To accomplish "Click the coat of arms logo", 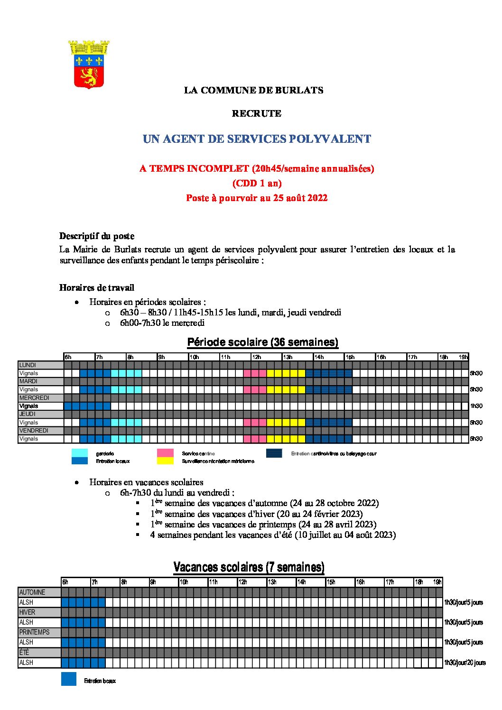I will pos(89,65).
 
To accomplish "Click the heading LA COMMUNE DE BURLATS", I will pos(253,90).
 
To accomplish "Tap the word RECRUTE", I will pos(256,113).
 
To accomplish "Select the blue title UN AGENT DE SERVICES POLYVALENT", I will pos(257,139).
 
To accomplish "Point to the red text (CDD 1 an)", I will pos(257,183).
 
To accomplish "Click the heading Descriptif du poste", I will pos(97,236).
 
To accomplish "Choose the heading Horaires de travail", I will pos(97,287).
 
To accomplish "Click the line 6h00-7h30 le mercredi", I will pos(162,323).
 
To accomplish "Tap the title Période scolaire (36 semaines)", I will pos(262,342).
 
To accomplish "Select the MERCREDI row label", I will pos(34,398).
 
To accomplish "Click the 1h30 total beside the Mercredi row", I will pos(476,406).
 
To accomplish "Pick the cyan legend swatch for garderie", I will pos(79,453).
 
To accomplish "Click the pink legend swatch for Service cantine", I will pos(165,453).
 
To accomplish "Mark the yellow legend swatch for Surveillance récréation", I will pos(165,461).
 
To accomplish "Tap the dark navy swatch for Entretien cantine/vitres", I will pos(274,453).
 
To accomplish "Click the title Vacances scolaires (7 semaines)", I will pos(249,567).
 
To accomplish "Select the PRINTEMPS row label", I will pos(34,632).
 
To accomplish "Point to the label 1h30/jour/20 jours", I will pos(465,663).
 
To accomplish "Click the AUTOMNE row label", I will pos(32,592).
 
